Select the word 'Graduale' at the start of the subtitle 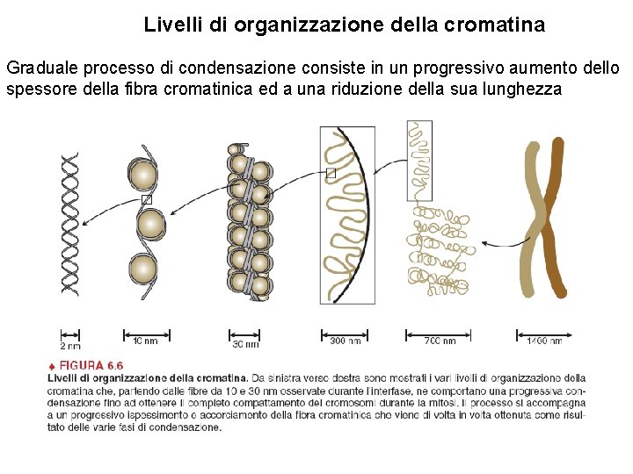point(40,68)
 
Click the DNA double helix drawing point(69,224)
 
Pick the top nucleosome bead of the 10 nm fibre point(142,175)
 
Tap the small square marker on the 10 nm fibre point(147,200)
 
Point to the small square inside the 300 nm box point(331,173)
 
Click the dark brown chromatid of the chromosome point(551,219)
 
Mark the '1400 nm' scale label point(544,341)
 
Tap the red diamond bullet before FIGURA point(52,365)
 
